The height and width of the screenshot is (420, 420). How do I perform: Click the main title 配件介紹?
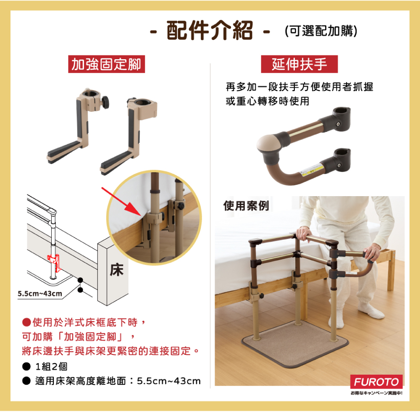[x=210, y=30]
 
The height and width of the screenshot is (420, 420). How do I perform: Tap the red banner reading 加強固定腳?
[x=106, y=64]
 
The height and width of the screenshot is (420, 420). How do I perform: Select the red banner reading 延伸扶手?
[x=299, y=64]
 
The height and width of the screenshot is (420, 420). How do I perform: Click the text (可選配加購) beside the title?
[x=321, y=31]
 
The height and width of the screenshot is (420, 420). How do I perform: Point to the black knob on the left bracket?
[x=106, y=102]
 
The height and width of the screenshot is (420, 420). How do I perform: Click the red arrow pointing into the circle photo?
[x=121, y=202]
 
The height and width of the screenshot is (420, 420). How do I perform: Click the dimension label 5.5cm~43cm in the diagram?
[x=39, y=294]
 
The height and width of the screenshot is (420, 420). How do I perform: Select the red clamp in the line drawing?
[x=54, y=262]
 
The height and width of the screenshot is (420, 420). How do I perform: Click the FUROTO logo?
[x=376, y=382]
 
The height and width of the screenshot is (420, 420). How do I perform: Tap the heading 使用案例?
[x=246, y=206]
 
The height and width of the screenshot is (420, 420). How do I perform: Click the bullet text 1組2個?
[x=51, y=366]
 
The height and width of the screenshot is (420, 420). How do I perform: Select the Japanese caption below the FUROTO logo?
[x=376, y=393]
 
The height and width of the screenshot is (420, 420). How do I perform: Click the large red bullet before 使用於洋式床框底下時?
[x=26, y=322]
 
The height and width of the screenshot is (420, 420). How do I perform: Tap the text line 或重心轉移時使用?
[x=267, y=101]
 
